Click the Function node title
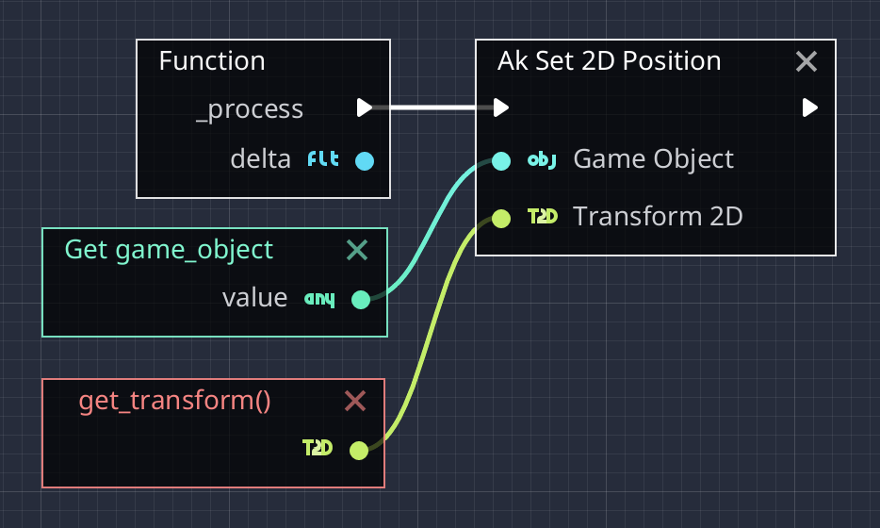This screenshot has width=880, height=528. pos(211,61)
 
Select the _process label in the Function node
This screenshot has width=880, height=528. pos(249,109)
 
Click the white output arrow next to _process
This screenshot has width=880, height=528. pos(365,107)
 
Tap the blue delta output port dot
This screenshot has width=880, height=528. pos(365,160)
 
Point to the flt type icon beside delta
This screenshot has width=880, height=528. pos(324,159)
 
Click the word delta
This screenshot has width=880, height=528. pos(261,159)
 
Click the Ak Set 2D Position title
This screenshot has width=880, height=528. pos(609,61)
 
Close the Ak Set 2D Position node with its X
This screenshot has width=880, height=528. pos(807,62)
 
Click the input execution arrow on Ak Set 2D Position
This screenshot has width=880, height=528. pos(501,107)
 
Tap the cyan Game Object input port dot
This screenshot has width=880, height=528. pos(501,160)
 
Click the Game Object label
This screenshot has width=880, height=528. pos(653,158)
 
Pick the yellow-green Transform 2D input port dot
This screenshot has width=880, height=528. pos(501,218)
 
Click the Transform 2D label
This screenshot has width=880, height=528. pos(658,217)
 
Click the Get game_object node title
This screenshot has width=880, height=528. pos(168,250)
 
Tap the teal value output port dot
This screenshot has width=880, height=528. pos(360,300)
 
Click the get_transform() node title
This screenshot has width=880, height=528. pos(174,401)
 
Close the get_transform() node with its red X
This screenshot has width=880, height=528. pos(355,402)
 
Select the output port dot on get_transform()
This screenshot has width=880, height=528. pos(359,450)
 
